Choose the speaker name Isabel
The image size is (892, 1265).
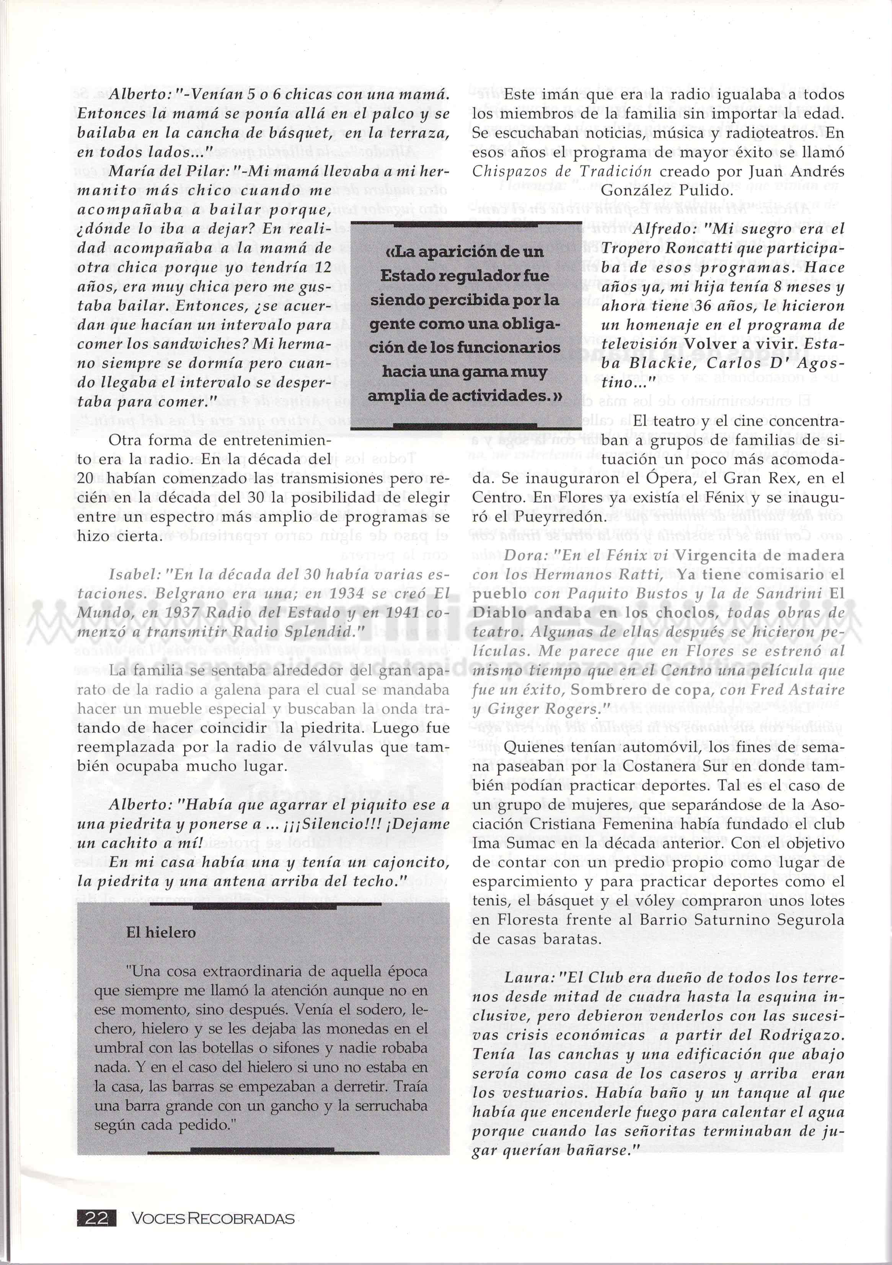point(131,574)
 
